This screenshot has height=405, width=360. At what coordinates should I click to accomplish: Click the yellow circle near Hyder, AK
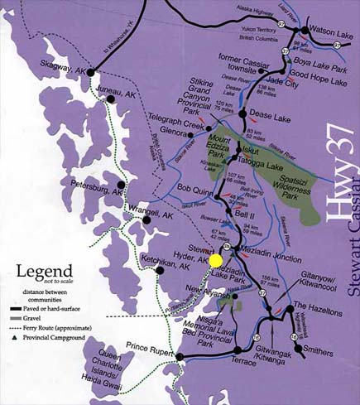coord(216,260)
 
